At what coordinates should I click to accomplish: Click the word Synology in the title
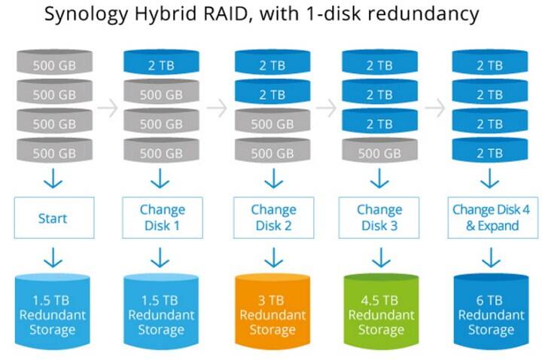click(87, 15)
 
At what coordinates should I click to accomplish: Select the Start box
click(54, 218)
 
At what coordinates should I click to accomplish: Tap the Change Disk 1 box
click(163, 218)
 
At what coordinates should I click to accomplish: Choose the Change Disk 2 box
click(273, 218)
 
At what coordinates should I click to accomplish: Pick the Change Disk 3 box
click(379, 218)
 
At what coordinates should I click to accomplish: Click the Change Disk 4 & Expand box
click(493, 218)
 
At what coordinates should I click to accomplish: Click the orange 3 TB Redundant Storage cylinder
click(273, 310)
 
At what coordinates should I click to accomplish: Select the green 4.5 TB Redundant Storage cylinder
click(381, 310)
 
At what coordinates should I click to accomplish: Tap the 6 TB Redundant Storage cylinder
click(491, 310)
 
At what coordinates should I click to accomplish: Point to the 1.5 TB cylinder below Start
click(53, 310)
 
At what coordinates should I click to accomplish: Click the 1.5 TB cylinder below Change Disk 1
click(161, 310)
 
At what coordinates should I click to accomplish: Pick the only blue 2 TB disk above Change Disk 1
click(161, 63)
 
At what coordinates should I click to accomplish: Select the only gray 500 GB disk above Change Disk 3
click(380, 150)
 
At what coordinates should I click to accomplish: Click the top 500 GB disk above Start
click(55, 63)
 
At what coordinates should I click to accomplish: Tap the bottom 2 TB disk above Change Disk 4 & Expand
click(490, 150)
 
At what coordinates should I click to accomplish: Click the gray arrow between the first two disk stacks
click(108, 108)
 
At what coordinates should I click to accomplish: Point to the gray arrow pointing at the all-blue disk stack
click(435, 108)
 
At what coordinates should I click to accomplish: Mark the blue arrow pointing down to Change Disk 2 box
click(274, 178)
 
